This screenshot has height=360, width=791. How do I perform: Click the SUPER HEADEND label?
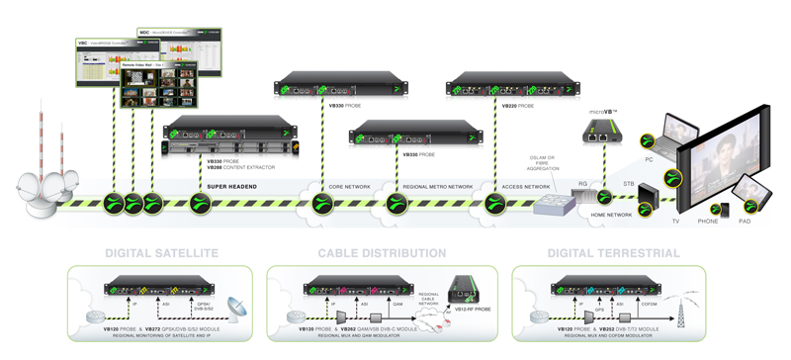[x=233, y=185]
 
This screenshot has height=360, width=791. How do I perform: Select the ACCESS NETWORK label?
[x=524, y=185]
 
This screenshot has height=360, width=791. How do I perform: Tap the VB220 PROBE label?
[x=518, y=104]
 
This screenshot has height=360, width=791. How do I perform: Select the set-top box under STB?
[x=649, y=194]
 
